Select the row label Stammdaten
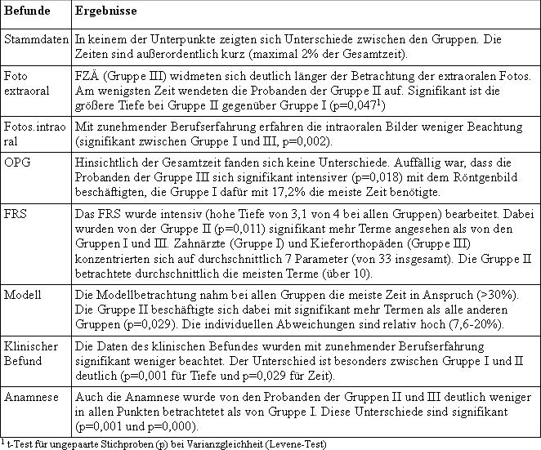[36, 38]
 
